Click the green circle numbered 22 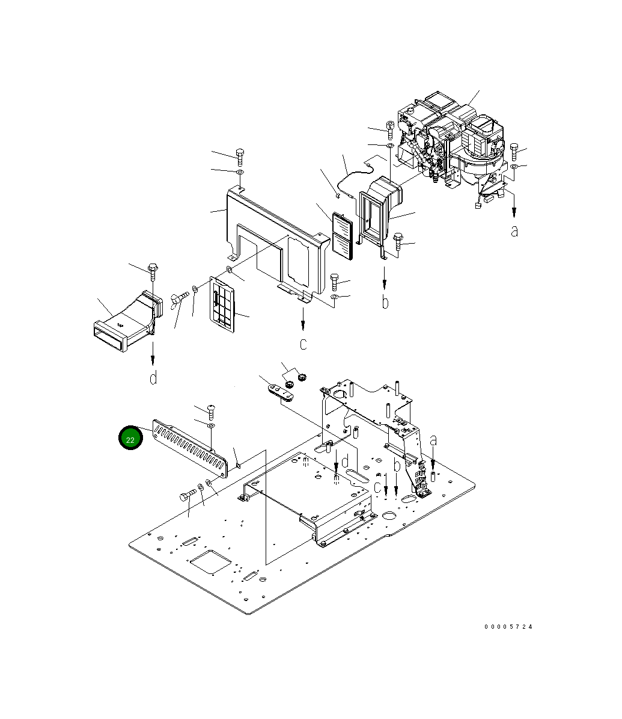click(x=130, y=439)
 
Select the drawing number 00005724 click(x=508, y=627)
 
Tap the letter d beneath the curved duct click(x=153, y=378)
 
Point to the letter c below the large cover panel click(x=303, y=344)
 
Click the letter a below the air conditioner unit click(x=514, y=231)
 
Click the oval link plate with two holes click(x=280, y=392)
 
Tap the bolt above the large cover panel click(x=240, y=156)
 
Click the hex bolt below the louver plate click(x=186, y=495)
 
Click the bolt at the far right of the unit click(x=514, y=150)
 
